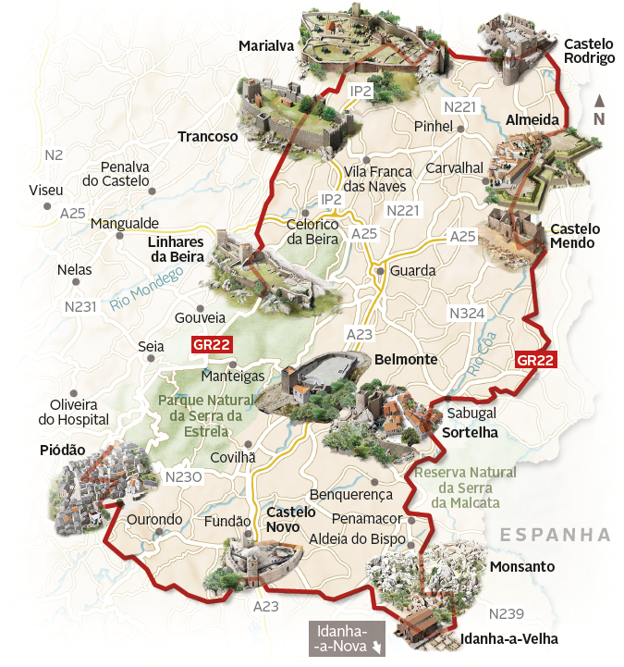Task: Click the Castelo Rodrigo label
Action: tap(589, 50)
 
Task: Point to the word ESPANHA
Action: tap(555, 535)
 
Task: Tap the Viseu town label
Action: tap(46, 190)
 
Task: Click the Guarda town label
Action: tap(411, 271)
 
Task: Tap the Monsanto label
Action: tap(522, 566)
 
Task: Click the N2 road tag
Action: tap(54, 154)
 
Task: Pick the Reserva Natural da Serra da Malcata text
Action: tap(466, 487)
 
